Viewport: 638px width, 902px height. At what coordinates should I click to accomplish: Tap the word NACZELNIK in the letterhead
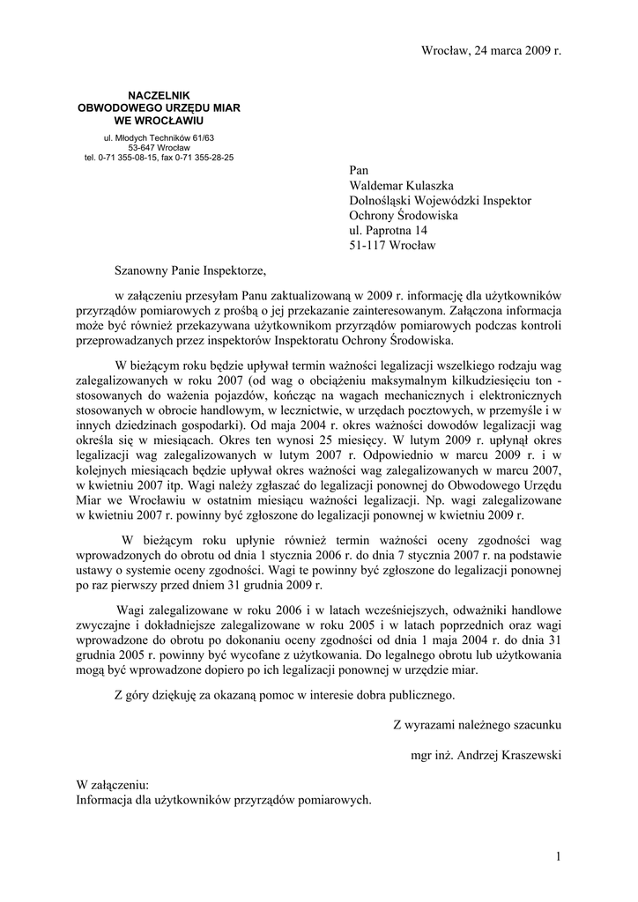pos(159,95)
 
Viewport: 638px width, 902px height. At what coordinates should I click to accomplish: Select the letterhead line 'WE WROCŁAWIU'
pos(159,119)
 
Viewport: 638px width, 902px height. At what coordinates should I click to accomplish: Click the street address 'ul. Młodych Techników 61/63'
pos(159,138)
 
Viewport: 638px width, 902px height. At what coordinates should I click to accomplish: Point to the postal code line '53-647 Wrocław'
pos(159,148)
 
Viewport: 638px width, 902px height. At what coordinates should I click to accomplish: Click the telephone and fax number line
pos(159,158)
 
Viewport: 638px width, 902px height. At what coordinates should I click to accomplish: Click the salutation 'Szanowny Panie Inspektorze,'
pos(189,270)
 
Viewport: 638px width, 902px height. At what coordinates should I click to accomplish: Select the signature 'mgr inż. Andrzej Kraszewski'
pos(486,755)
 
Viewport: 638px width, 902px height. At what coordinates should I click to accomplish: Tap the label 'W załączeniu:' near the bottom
pos(113,785)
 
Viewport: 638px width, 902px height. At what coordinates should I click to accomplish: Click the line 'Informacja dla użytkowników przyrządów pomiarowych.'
pos(224,800)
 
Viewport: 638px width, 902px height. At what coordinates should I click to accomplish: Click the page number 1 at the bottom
pos(558,857)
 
